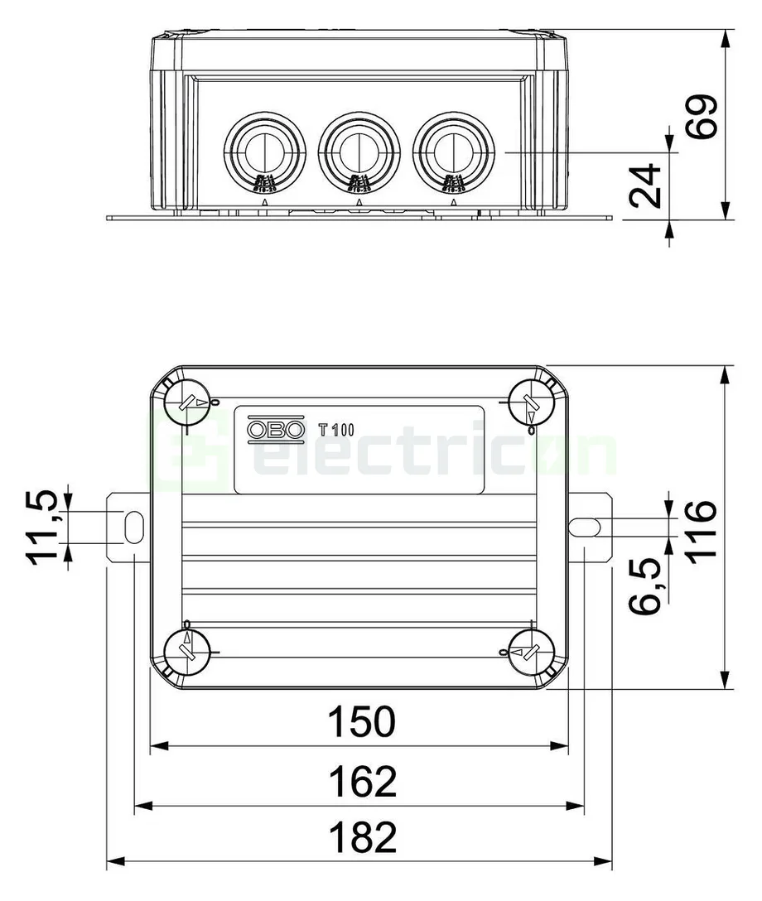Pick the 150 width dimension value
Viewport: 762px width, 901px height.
[x=362, y=721]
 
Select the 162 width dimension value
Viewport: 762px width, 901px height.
[x=362, y=780]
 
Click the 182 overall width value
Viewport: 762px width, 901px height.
[x=362, y=837]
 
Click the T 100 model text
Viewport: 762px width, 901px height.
[x=336, y=430]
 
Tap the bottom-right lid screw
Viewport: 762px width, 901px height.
[x=530, y=651]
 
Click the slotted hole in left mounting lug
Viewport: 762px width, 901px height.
[x=133, y=525]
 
